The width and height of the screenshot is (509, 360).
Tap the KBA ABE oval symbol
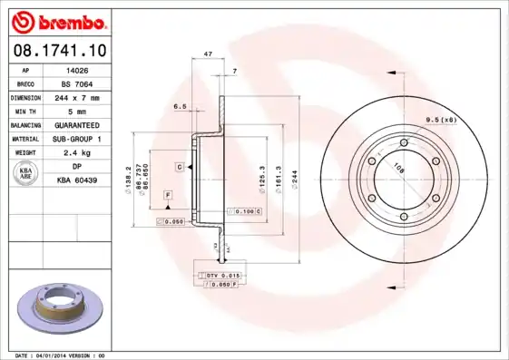pos(27,174)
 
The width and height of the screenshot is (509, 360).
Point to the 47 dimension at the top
pos(209,55)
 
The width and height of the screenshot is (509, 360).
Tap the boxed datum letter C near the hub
pos(180,168)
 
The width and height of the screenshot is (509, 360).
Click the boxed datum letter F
pos(168,195)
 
